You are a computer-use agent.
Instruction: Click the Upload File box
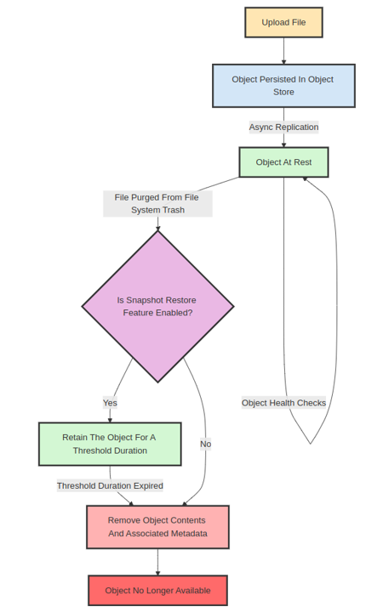(x=283, y=22)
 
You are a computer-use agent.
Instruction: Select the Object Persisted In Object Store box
(x=283, y=86)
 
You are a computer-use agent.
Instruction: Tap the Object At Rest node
(x=283, y=162)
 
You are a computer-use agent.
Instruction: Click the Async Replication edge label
(x=283, y=127)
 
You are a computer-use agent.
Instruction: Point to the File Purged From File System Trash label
(x=157, y=203)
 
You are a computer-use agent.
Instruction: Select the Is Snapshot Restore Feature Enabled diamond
(x=157, y=306)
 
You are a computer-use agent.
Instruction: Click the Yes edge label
(x=110, y=402)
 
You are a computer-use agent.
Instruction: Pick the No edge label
(x=205, y=444)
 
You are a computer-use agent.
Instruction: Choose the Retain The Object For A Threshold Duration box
(x=110, y=444)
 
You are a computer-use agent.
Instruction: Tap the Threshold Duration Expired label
(x=110, y=485)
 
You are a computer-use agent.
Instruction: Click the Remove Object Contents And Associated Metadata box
(x=157, y=527)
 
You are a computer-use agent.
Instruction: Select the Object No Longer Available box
(x=157, y=590)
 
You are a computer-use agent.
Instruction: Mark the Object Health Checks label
(x=283, y=402)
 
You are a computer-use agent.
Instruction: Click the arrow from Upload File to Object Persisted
(x=283, y=51)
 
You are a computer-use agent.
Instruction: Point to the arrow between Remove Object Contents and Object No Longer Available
(x=157, y=562)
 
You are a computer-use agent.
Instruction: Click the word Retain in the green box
(x=76, y=437)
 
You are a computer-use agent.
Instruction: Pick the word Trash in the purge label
(x=171, y=210)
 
